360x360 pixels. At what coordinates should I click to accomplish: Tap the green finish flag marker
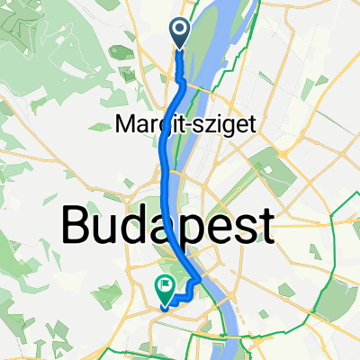click(166, 289)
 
